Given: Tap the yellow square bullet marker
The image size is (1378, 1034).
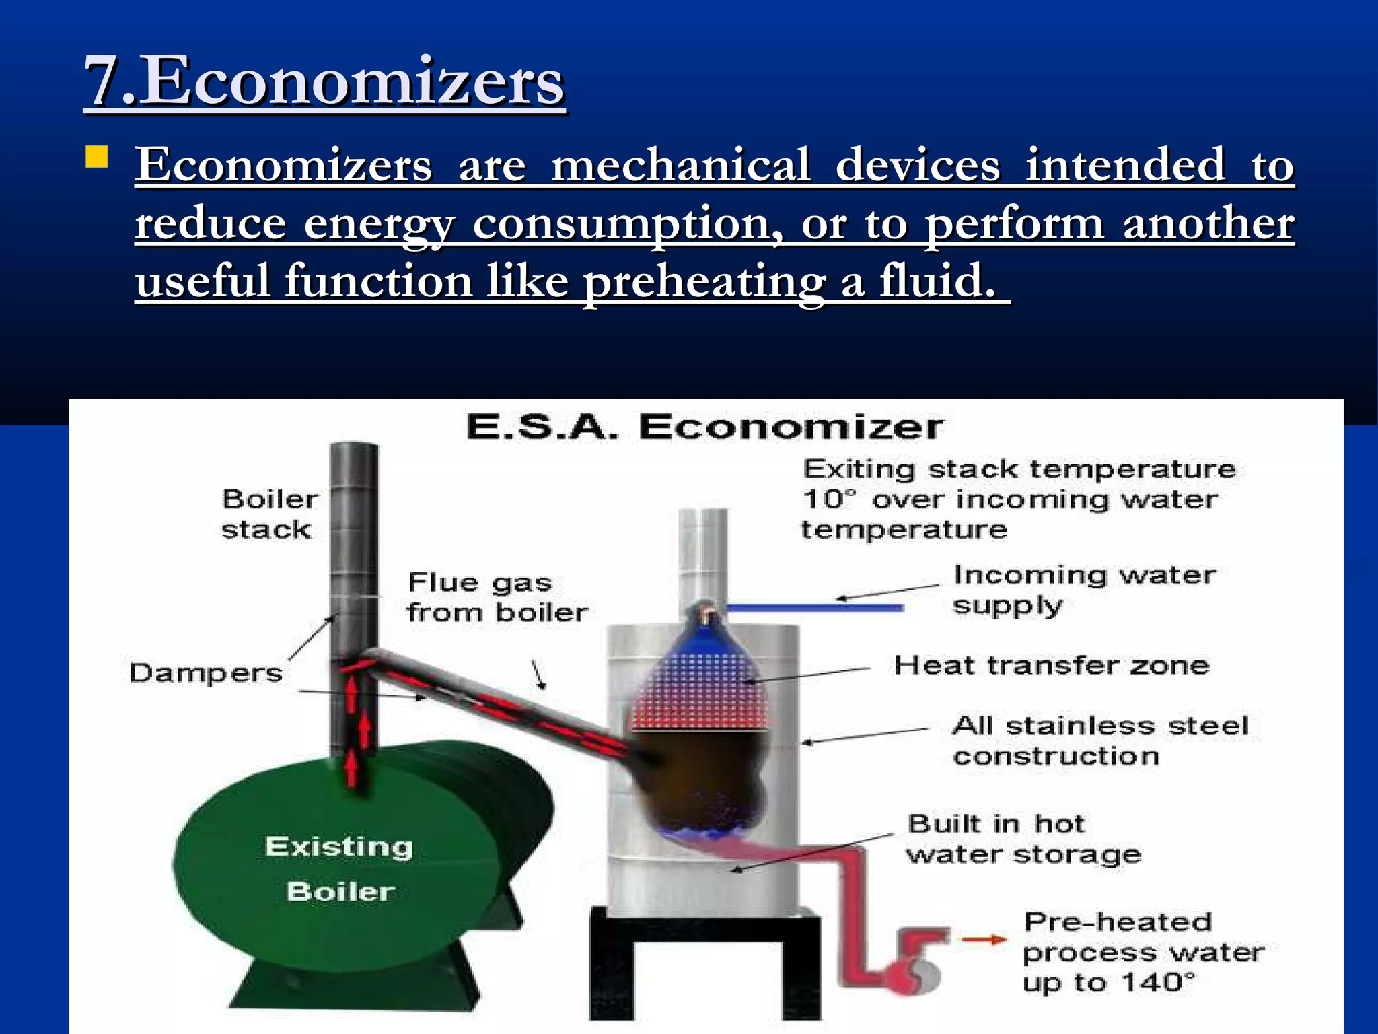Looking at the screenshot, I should pos(98,158).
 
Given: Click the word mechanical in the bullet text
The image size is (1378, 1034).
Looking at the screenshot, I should pos(680,165).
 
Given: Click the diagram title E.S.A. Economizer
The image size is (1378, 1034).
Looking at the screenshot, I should pos(704,427).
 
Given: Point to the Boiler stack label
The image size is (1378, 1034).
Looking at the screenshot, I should pos(269,514).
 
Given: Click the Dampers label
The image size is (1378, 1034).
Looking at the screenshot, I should pos(206,673).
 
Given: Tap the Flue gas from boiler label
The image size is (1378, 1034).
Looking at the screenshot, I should pos(497,597).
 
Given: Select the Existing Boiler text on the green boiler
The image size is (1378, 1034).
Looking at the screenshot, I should pos(339,868).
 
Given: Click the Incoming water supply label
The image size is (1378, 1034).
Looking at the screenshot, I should pos(1084,590).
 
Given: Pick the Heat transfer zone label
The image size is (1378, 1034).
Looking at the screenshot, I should pos(1051,665).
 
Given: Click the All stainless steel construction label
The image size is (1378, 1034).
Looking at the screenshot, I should pos(1100,740).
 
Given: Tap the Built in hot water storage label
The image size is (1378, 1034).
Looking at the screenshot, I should pos(1023,839).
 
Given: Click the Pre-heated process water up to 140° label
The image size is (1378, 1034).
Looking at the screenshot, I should pos(1143,952).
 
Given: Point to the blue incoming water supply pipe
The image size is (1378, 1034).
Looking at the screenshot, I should pos(814,608).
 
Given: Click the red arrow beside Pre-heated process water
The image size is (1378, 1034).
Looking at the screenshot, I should pos(983,940).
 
